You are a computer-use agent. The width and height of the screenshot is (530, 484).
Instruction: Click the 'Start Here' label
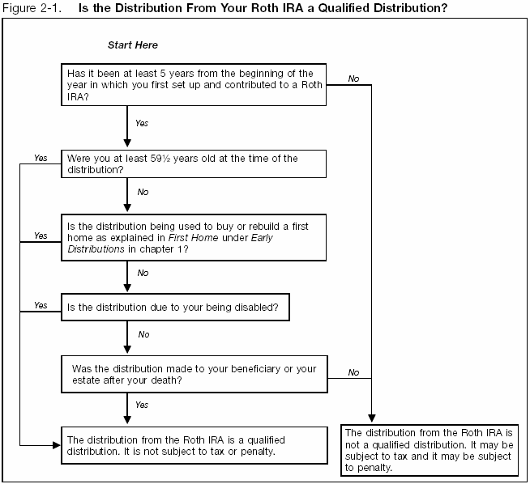click(133, 45)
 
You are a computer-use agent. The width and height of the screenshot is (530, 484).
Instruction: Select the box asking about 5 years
click(194, 84)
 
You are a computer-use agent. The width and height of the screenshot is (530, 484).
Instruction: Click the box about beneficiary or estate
click(194, 374)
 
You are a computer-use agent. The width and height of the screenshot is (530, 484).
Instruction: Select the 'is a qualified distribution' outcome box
click(194, 444)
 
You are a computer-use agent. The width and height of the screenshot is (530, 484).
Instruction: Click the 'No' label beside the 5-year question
click(354, 79)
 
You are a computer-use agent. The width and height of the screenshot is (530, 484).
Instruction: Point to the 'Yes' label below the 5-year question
click(142, 124)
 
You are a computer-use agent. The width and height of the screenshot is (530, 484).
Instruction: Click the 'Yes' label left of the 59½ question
click(41, 157)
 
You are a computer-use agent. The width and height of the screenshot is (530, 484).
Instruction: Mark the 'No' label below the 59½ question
click(143, 193)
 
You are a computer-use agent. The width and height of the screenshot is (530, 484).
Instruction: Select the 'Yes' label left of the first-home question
click(41, 236)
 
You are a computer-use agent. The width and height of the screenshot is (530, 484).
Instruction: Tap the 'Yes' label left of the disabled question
click(41, 306)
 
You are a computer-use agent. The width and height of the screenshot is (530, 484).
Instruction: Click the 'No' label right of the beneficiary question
click(354, 372)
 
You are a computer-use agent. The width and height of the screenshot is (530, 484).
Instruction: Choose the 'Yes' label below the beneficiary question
click(142, 404)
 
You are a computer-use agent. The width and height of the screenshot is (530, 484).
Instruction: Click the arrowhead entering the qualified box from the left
click(57, 444)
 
